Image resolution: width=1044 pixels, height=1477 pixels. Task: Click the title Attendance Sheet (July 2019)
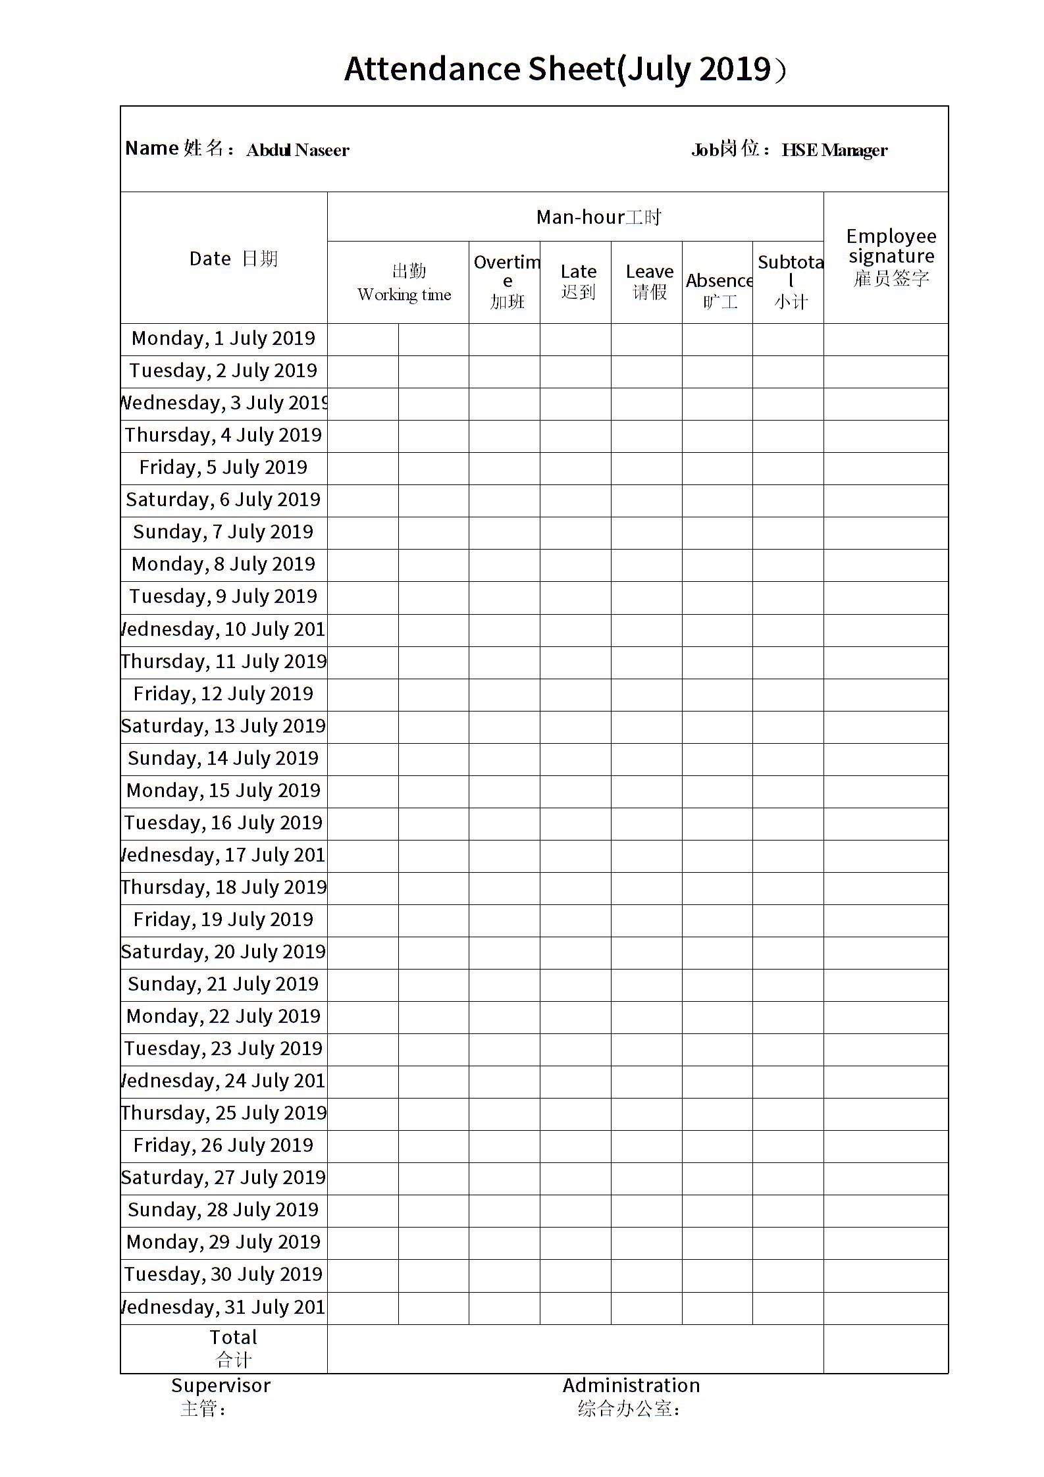coord(565,69)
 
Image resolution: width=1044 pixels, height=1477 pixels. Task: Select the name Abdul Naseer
coord(298,150)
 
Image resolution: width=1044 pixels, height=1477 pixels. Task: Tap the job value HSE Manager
coord(834,150)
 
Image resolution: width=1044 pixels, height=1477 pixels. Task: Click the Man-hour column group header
coord(598,217)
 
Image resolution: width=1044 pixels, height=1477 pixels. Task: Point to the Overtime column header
coord(507,282)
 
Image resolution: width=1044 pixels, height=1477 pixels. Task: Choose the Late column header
coord(578,282)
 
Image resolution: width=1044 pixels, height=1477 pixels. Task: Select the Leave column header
coord(649,282)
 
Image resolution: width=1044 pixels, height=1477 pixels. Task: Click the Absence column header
coord(719,290)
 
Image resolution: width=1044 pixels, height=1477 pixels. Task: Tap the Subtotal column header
coord(790,282)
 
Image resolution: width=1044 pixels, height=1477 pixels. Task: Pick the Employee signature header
coord(891,257)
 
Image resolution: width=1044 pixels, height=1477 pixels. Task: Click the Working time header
coord(404,283)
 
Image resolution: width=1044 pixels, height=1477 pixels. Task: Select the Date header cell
coord(233,259)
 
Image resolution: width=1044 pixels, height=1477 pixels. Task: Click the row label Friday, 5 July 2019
coord(223,467)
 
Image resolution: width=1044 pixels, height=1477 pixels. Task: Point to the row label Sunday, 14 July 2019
coord(223,758)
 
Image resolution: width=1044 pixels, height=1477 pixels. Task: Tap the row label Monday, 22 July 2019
coord(223,1016)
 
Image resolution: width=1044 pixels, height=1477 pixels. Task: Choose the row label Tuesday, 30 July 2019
coord(223,1274)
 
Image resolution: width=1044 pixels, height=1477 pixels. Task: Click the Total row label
coord(233,1348)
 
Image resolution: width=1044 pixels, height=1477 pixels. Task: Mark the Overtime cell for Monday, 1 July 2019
coord(504,339)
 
